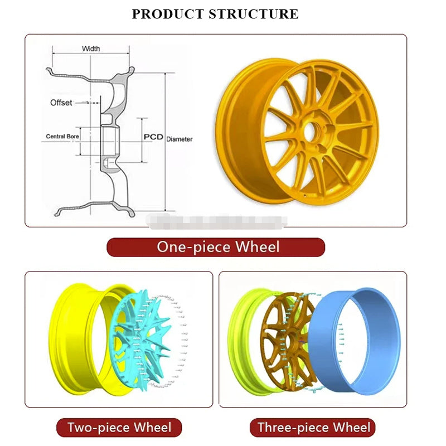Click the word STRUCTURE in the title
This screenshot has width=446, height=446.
253,14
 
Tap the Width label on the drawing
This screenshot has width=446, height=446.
91,49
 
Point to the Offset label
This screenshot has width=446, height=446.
61,103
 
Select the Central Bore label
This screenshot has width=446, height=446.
62,136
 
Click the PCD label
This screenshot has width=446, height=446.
153,137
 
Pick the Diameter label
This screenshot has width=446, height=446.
180,139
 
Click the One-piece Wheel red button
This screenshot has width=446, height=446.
215,247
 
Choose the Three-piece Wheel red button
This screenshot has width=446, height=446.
313,428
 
